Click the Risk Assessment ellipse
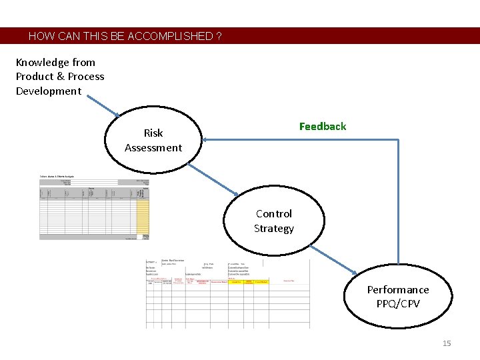pos(153,140)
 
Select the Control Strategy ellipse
pos(273,221)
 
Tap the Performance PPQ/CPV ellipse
pos(398,297)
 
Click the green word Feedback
pos(323,127)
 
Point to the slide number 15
pos(447,343)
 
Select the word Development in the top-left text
pos(49,91)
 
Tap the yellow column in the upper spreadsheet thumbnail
pos(142,217)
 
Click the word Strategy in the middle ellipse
pos(273,229)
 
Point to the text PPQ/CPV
pos(398,304)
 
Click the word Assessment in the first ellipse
pos(153,148)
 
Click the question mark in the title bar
pos(219,36)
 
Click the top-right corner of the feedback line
pos(398,139)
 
